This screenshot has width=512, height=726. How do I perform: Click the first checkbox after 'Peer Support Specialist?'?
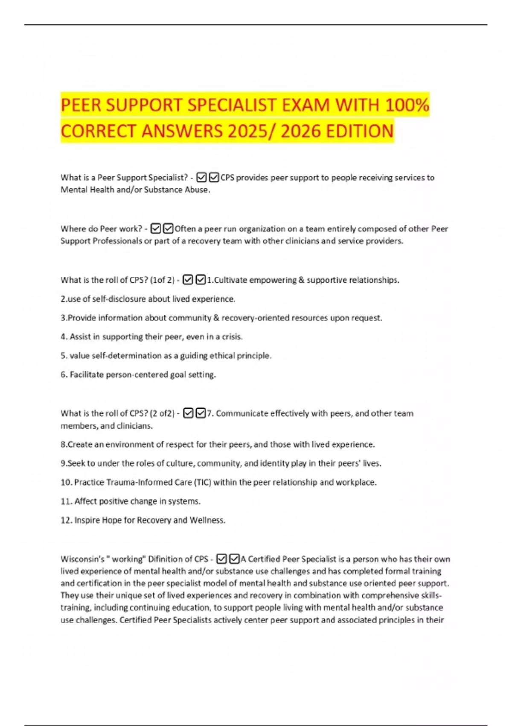point(201,177)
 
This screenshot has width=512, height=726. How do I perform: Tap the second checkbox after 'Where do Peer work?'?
point(169,228)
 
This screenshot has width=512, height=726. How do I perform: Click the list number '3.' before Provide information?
point(64,318)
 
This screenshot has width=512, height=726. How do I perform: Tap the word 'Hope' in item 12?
point(112,520)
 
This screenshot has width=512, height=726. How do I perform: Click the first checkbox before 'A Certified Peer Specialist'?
point(221,559)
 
